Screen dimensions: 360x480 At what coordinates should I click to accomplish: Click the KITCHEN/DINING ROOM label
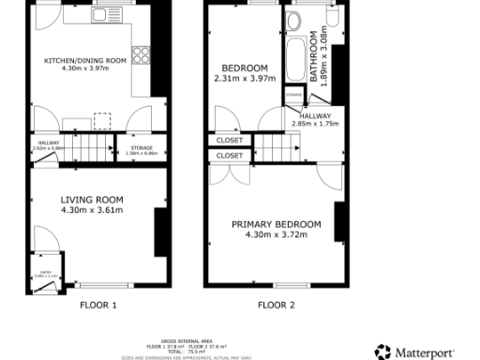(x=84, y=63)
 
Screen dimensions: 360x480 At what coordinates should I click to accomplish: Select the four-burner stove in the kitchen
(x=142, y=54)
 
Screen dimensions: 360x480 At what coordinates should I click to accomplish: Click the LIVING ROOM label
(x=92, y=200)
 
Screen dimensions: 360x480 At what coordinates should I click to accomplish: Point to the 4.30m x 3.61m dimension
(x=92, y=211)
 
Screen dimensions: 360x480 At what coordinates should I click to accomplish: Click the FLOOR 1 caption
(x=97, y=305)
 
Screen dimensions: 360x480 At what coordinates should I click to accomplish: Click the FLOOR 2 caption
(x=276, y=305)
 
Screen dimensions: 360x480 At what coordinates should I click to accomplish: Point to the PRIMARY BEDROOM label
(x=277, y=224)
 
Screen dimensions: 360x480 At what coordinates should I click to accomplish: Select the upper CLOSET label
(x=229, y=142)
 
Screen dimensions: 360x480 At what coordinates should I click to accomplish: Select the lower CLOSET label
(x=229, y=156)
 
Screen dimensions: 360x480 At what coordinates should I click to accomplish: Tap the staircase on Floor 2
(x=276, y=146)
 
